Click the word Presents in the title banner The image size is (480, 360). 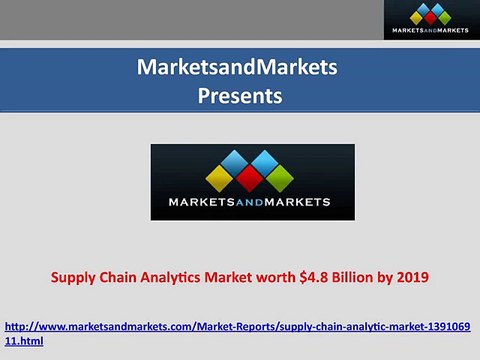(240, 97)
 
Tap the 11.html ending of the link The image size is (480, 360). (25, 341)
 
